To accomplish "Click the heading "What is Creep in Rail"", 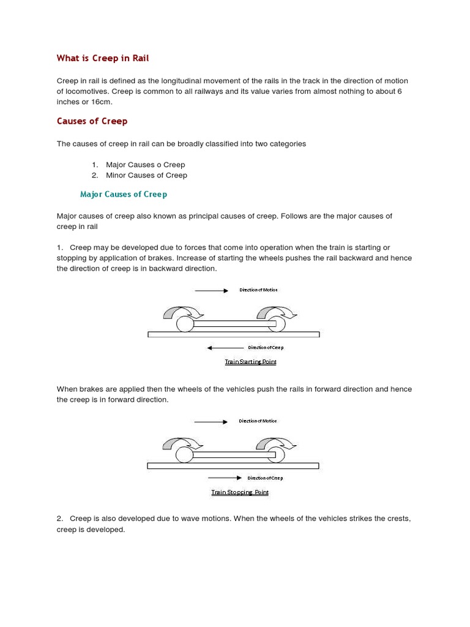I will tap(103, 58).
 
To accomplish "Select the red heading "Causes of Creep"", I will tap(92, 121).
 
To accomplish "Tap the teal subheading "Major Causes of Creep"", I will tap(124, 194).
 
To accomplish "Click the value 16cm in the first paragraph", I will tap(101, 102).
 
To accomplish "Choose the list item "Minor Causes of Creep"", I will tap(146, 175).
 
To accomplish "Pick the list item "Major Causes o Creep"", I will tap(145, 165).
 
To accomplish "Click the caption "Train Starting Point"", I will tap(250, 362).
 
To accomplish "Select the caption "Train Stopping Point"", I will tap(240, 492).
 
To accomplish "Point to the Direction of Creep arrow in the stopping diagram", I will tap(225, 478).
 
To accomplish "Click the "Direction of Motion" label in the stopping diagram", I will tap(258, 421).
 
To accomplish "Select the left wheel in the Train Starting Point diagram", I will tap(185, 324).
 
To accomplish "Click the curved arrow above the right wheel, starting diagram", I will tap(275, 313).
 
